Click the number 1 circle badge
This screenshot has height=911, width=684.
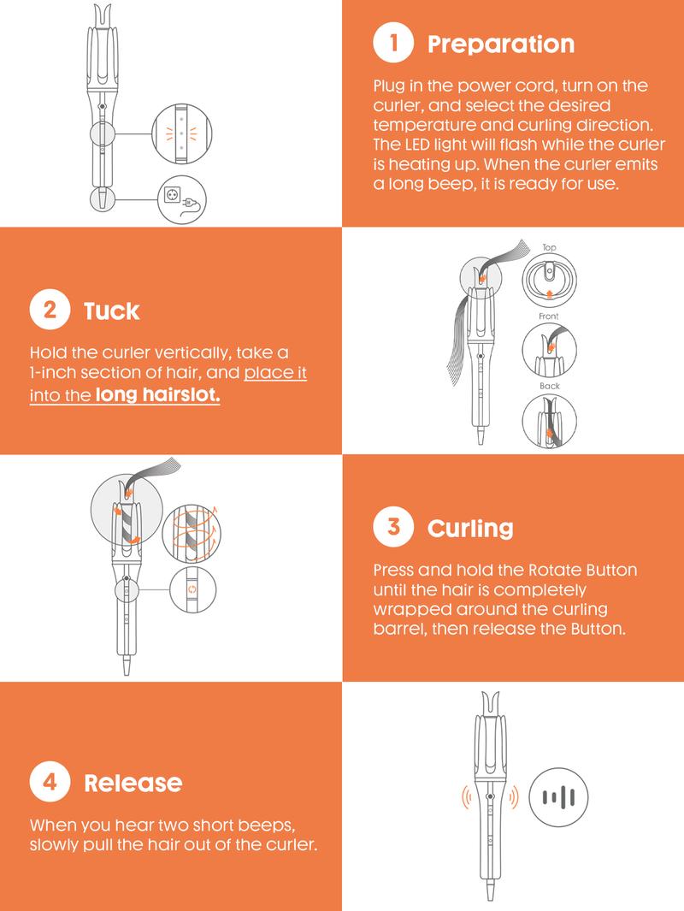click(x=393, y=43)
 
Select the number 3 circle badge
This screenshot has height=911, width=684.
click(x=393, y=526)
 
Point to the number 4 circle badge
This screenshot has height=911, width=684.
click(x=50, y=782)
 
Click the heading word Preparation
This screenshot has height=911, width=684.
click(x=500, y=44)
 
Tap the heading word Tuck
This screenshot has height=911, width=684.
click(x=111, y=311)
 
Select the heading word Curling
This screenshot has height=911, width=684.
click(x=470, y=528)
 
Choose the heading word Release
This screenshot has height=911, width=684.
click(x=133, y=784)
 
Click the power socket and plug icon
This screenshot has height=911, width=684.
click(x=182, y=199)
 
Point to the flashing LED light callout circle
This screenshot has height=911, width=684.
click(x=182, y=133)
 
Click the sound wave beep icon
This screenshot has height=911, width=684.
click(x=558, y=797)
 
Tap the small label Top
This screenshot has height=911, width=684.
click(x=549, y=247)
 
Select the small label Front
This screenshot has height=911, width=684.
click(x=549, y=316)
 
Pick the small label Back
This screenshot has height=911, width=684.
click(x=549, y=386)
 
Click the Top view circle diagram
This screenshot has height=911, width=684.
click(x=549, y=281)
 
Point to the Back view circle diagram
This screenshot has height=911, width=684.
click(x=549, y=421)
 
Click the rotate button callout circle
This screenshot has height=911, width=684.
click(x=192, y=589)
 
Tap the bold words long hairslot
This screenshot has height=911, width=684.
click(x=158, y=395)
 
